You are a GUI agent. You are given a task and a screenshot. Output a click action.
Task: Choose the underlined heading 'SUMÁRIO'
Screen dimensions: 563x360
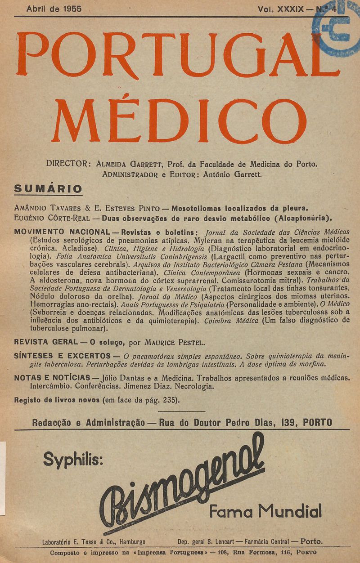pyautogui.click(x=48, y=188)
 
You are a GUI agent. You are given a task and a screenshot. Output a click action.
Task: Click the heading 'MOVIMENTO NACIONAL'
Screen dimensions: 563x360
pyautogui.click(x=63, y=232)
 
